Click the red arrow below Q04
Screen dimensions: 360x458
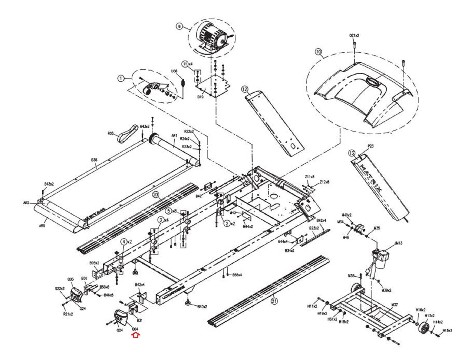point(135,335)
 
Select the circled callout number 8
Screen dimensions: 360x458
point(179,26)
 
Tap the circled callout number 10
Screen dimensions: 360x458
point(318,52)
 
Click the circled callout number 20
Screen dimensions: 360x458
point(156,195)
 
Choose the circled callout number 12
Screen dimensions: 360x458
point(244,89)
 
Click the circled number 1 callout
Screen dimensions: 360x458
point(121,78)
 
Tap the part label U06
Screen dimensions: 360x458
point(174,71)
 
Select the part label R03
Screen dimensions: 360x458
point(111,133)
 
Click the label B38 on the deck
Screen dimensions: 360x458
point(94,160)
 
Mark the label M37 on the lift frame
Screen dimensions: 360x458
point(394,305)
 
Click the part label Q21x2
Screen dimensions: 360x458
point(354,35)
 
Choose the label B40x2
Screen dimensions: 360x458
point(202,307)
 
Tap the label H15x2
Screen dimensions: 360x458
point(447,331)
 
